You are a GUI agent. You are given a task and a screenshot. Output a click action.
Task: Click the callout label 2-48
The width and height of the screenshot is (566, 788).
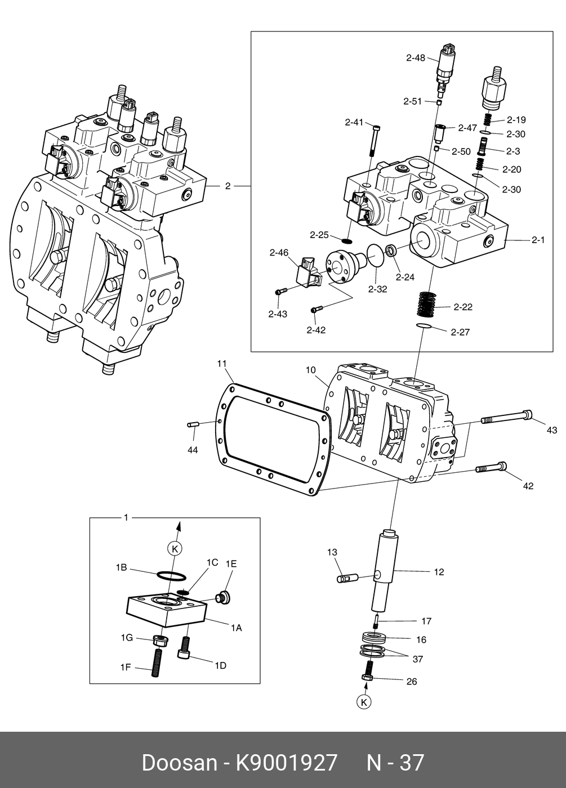[416, 57]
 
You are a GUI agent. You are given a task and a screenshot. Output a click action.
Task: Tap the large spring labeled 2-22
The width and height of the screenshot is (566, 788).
[426, 304]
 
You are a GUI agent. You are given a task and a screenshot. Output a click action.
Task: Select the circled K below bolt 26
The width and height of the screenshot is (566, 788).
[364, 702]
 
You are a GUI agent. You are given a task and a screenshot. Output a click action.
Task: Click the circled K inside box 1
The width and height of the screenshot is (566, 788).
[175, 548]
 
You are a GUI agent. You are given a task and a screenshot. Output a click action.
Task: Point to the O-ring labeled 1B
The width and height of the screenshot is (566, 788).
[171, 577]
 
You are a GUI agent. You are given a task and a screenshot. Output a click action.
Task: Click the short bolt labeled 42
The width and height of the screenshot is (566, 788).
[491, 468]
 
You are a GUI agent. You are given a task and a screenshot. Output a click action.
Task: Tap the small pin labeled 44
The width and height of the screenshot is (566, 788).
[193, 424]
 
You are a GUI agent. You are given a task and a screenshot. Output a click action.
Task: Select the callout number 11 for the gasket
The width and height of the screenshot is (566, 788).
[222, 364]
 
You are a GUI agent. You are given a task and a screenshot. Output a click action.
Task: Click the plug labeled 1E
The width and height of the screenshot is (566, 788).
[223, 598]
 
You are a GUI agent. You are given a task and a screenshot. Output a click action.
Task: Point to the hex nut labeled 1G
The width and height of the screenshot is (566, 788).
[160, 641]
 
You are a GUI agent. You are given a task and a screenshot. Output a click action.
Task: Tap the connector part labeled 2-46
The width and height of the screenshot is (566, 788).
[309, 272]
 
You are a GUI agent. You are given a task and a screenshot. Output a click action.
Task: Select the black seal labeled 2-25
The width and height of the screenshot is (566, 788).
[347, 241]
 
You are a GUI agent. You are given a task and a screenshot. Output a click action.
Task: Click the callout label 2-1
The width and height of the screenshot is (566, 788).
[538, 240]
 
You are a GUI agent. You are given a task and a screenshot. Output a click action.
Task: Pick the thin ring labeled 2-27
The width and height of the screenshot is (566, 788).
[424, 325]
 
